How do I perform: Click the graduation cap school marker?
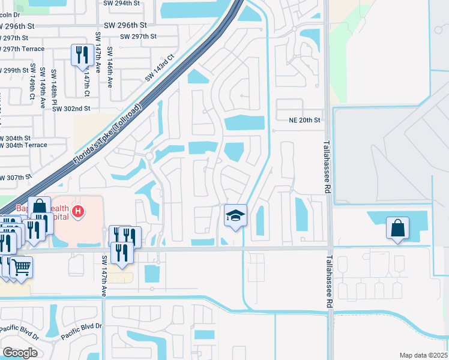[235, 215]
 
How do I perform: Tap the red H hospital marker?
[77, 211]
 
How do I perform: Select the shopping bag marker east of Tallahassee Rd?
[397, 229]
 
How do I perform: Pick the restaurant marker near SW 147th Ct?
[80, 55]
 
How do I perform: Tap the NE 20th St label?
[303, 120]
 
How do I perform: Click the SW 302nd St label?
[71, 109]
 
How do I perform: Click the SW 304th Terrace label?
[23, 146]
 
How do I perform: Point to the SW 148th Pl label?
[54, 83]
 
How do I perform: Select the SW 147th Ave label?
[103, 275]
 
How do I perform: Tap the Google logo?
[20, 352]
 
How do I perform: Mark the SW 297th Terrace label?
[22, 49]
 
